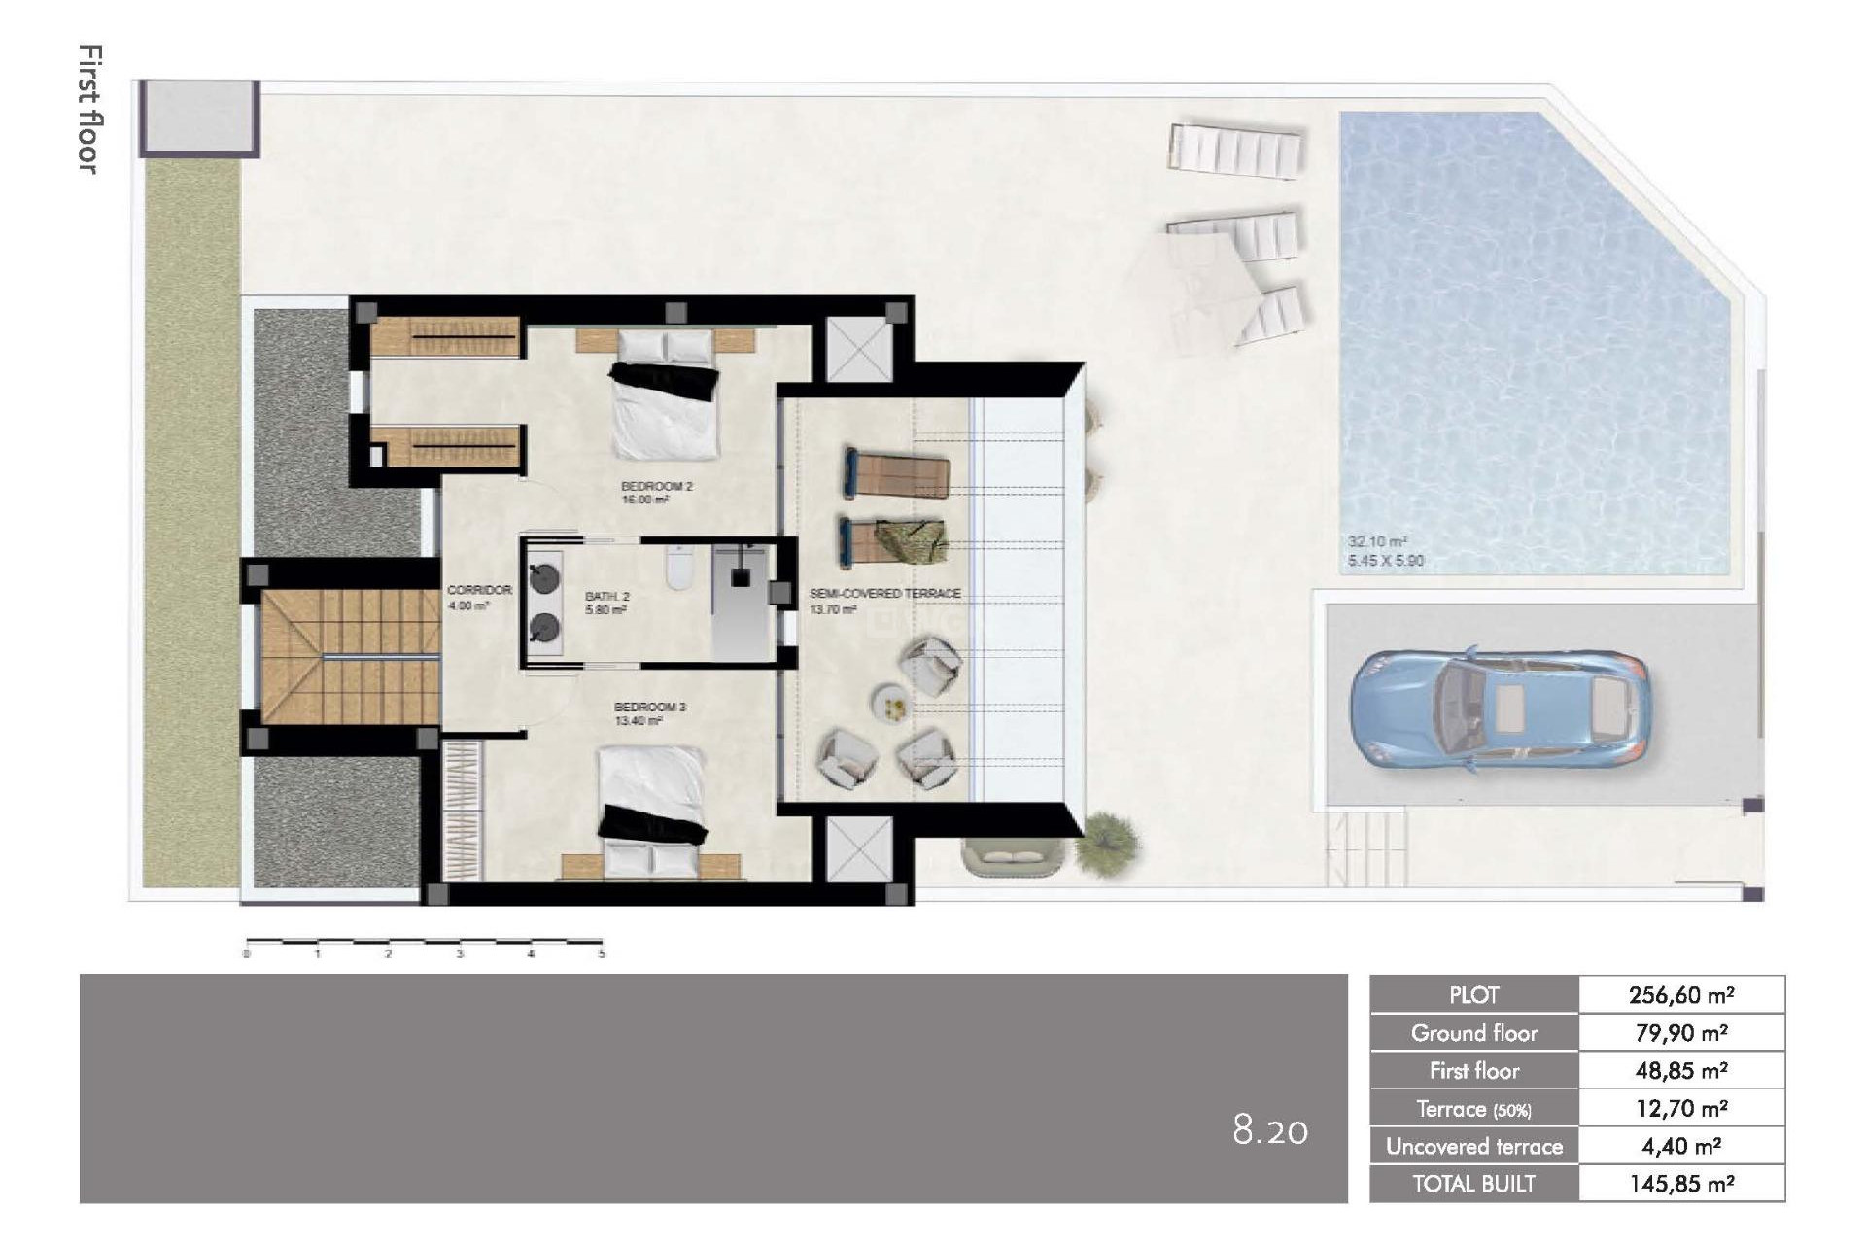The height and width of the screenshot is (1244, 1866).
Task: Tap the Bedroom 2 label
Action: click(x=656, y=486)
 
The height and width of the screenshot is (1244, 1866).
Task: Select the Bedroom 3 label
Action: click(x=649, y=707)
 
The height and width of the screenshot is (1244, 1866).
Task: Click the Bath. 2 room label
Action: click(x=606, y=597)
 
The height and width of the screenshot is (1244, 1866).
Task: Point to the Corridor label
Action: click(x=478, y=590)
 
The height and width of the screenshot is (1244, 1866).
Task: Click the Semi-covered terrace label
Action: click(x=884, y=593)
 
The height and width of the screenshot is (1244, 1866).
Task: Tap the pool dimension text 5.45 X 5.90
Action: click(x=1385, y=561)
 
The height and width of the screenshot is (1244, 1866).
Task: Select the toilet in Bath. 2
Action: click(x=678, y=569)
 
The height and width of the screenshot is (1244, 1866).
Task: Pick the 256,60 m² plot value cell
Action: click(x=1680, y=995)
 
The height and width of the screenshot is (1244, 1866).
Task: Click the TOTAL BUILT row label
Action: click(x=1473, y=1184)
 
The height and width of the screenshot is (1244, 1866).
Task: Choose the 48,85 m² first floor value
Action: click(x=1680, y=1071)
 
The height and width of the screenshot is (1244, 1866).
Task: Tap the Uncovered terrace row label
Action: click(x=1473, y=1147)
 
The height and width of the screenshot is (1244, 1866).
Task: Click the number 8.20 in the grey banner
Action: click(x=1269, y=1130)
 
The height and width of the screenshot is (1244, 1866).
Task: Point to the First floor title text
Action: click(x=89, y=109)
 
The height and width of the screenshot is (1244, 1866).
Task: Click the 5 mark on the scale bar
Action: click(x=602, y=954)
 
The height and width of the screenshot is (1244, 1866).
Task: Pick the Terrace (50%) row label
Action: click(x=1473, y=1109)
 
